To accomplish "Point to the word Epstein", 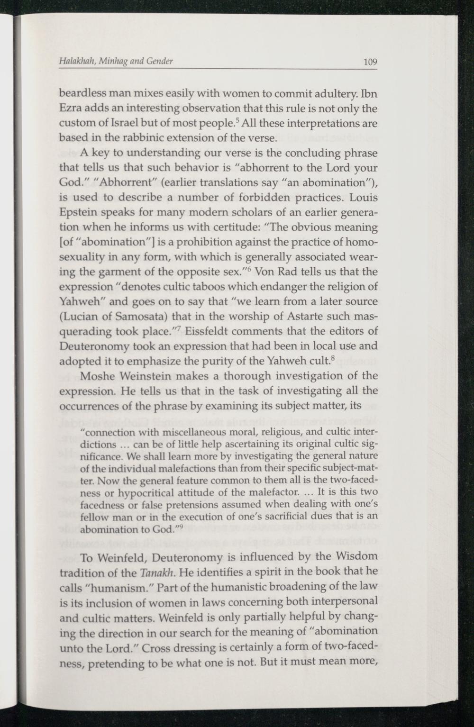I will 79,213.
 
